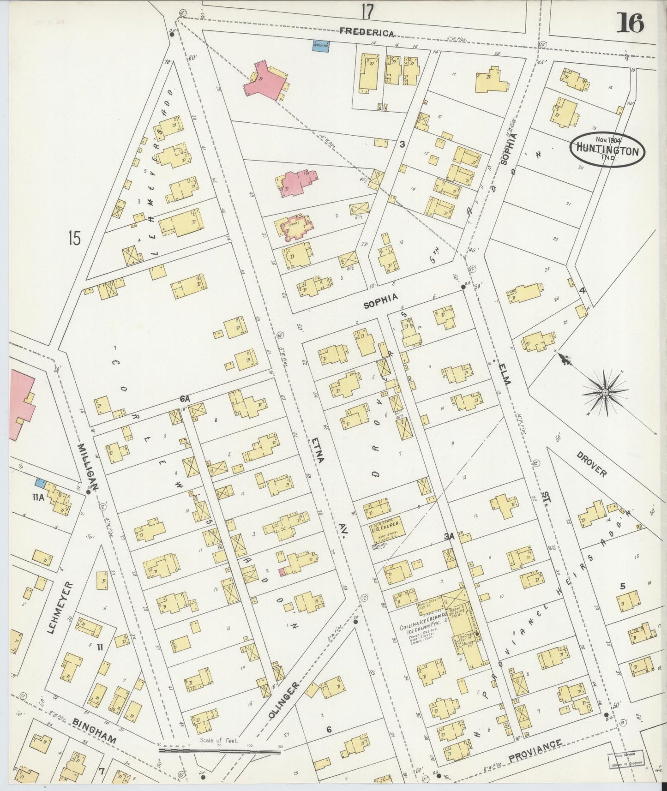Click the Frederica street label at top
(367, 32)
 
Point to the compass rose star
(605, 393)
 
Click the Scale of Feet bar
(219, 750)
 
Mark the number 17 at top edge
(367, 11)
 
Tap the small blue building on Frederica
(320, 47)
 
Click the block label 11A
(39, 497)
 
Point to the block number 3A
(449, 537)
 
